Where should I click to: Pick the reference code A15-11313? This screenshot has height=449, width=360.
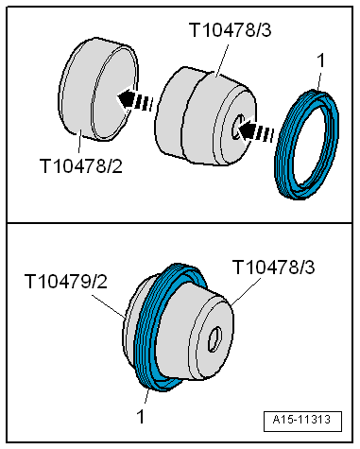point(305,421)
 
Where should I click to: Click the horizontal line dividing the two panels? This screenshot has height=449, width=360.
point(180,222)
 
